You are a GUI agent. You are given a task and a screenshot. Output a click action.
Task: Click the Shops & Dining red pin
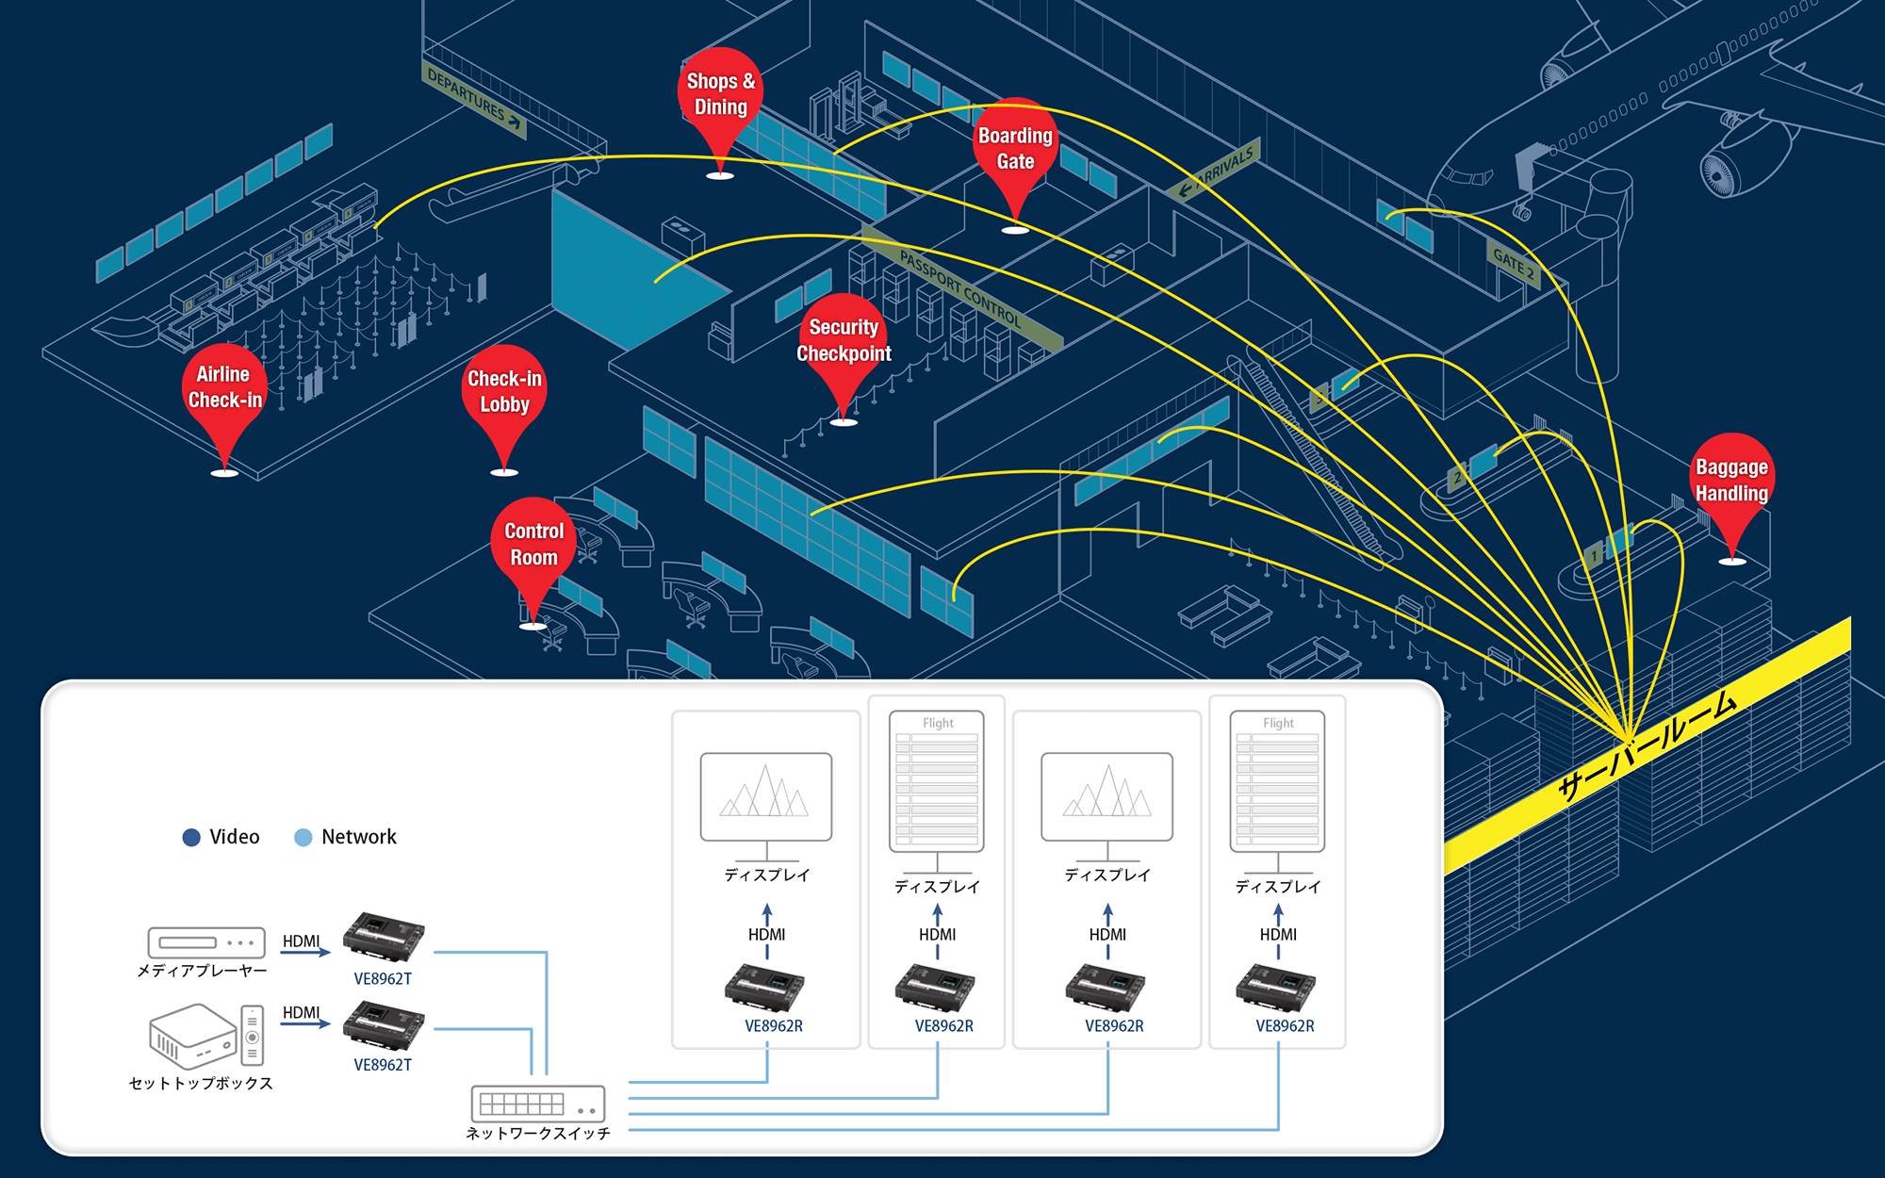[x=720, y=95]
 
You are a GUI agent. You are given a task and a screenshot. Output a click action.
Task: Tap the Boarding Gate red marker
[x=1015, y=149]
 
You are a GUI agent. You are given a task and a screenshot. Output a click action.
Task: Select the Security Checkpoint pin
[x=844, y=340]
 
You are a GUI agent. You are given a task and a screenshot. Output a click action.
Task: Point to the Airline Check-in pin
[x=224, y=387]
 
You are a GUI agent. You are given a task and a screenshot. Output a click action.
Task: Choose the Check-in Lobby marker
[x=504, y=391]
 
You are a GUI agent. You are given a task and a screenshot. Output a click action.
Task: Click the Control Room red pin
[x=533, y=545]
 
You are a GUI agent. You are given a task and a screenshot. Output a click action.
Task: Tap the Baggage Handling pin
[x=1731, y=481]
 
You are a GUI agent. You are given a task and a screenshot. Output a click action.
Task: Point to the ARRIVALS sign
[x=1221, y=170]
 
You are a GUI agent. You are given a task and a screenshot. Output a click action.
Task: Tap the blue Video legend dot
[x=191, y=837]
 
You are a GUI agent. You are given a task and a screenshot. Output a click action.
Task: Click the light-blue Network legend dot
[x=303, y=837]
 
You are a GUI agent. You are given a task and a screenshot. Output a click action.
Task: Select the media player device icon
[x=205, y=942]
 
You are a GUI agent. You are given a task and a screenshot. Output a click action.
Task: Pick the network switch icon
[x=537, y=1104]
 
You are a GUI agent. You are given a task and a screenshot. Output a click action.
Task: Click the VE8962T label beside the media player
[x=383, y=979]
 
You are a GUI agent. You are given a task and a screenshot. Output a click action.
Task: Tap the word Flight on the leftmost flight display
[x=938, y=723]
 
